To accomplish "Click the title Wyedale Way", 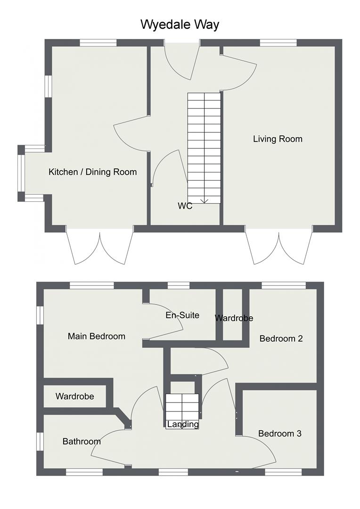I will pos(180,25).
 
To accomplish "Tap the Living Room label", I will pos(278,139).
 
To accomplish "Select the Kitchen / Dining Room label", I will pos(92,172).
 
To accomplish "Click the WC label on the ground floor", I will pos(185,206).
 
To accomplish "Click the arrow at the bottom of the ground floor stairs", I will pos(204,201).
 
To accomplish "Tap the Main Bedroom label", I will pos(97,336).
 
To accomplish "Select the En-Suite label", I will pos(182,315).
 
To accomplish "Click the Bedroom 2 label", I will pos(281,338).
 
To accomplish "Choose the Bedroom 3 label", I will pos(279,434).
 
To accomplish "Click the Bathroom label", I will pos(82,442).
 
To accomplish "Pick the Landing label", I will pos(183,425).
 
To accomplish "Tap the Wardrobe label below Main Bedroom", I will pos(74,396).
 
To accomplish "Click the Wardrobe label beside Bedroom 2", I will pos(234,318).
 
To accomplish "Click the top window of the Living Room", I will pos(278,43).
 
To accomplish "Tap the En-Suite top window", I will pos(179,285).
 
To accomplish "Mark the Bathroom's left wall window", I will pos(40,442).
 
